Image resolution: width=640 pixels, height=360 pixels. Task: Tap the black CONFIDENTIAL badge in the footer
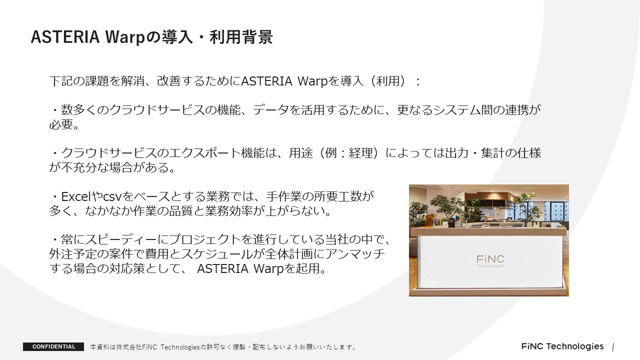(53, 346)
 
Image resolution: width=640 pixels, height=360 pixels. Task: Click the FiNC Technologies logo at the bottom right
(562, 346)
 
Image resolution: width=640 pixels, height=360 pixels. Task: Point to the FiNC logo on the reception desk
(490, 261)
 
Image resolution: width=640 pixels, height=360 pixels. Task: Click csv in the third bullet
(112, 197)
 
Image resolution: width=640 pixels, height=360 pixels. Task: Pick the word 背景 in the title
(257, 37)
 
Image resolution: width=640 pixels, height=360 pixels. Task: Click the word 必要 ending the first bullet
(61, 124)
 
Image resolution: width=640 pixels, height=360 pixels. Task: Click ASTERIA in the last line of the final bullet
(222, 268)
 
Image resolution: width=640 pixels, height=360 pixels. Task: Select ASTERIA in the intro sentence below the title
(266, 81)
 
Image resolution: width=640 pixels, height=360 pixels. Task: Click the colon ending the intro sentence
(417, 81)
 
